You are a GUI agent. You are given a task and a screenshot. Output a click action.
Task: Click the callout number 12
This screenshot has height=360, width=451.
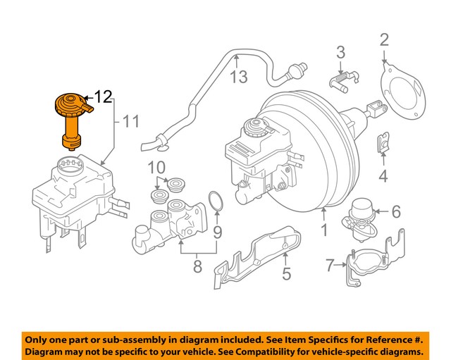click(103, 96)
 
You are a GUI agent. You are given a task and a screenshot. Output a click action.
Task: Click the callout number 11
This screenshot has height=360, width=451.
click(131, 122)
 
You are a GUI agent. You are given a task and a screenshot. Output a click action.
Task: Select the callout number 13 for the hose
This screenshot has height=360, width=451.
click(240, 75)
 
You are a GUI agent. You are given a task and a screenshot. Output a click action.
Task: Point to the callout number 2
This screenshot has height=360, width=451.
click(384, 39)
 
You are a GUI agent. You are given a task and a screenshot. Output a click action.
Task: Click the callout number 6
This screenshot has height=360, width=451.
click(395, 211)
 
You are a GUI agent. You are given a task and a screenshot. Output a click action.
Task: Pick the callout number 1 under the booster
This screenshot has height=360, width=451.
click(324, 230)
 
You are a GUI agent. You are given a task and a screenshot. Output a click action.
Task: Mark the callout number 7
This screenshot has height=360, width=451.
click(330, 266)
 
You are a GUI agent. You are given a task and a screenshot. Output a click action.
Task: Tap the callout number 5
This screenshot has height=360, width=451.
click(286, 273)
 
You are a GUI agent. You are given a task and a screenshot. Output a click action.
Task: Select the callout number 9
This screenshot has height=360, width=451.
click(217, 231)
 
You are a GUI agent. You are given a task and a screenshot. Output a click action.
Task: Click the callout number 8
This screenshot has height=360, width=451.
click(198, 266)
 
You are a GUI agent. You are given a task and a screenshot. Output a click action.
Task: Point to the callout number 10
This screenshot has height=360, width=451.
click(156, 168)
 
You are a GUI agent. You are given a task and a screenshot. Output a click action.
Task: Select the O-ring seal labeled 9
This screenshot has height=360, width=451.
click(216, 201)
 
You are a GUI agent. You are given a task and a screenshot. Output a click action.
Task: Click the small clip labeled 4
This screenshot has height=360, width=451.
click(382, 143)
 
